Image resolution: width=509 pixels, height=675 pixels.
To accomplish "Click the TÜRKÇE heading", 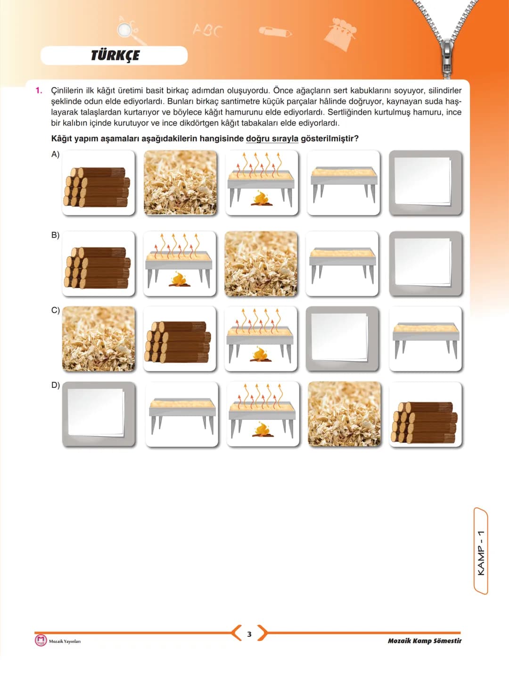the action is click(115, 56).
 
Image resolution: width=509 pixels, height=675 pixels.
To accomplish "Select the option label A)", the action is click(55, 155).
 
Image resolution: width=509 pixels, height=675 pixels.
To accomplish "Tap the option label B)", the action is click(55, 235).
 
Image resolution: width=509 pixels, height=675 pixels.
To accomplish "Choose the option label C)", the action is click(55, 310).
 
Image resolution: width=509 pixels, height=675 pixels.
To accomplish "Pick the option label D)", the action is click(55, 385).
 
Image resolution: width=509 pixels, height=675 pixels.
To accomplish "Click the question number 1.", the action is click(39, 91).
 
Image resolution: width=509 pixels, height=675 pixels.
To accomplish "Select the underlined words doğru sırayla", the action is click(272, 139).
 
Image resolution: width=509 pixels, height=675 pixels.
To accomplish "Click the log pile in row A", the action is click(97, 187).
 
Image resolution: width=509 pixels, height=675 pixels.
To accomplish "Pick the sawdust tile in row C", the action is click(99, 338).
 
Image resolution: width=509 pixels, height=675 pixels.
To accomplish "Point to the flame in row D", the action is click(263, 429).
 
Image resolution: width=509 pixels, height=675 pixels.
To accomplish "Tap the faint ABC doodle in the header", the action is click(207, 30).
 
